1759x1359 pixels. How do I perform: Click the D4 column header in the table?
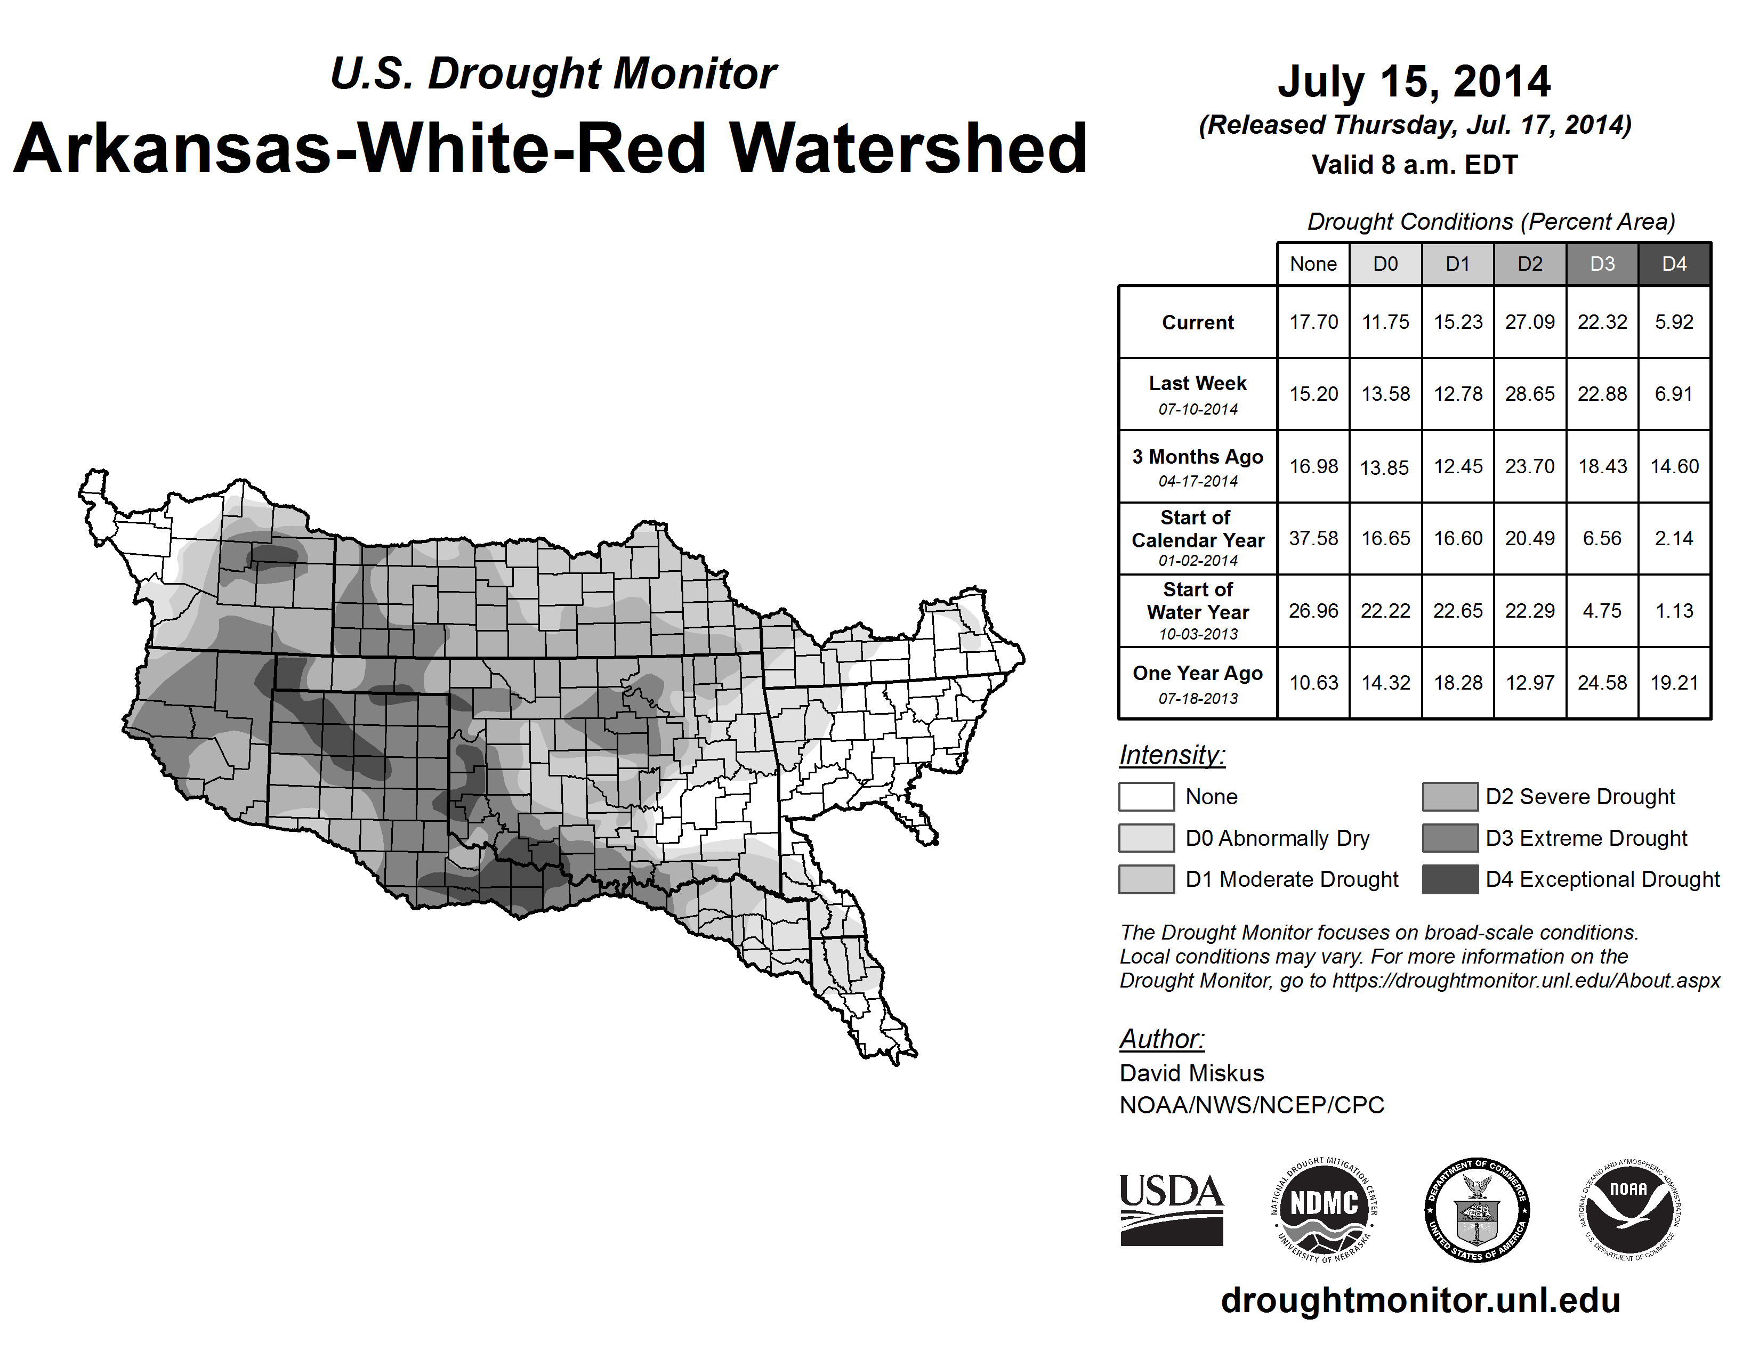1674,264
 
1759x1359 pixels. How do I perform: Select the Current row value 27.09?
1529,322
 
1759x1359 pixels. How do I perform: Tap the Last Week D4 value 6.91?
1674,394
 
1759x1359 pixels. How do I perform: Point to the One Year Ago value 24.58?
1602,683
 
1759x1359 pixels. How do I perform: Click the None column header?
1313,264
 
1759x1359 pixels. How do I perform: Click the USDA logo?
1171,1209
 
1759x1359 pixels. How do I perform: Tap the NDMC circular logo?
1324,1209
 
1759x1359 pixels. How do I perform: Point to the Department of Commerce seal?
1477,1209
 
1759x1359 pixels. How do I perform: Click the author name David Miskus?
1191,1073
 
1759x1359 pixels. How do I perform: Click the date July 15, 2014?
1414,82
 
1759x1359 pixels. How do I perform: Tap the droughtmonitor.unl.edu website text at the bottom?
1420,1300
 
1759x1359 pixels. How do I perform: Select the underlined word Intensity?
1172,755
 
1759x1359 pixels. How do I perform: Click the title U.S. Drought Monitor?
553,74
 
